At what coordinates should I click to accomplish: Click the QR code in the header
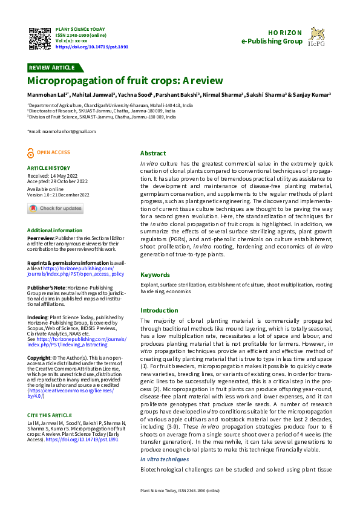tap(39, 38)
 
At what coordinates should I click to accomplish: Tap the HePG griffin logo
tap(317, 36)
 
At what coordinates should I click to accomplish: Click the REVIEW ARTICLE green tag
tap(51, 68)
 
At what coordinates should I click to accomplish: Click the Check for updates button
tap(55, 209)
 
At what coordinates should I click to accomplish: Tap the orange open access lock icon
tap(31, 153)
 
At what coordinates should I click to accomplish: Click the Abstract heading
tap(152, 154)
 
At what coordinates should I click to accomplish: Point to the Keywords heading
tap(155, 274)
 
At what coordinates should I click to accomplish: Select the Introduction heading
tap(159, 310)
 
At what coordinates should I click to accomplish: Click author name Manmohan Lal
tap(47, 95)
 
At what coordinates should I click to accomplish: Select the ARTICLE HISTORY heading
tap(48, 168)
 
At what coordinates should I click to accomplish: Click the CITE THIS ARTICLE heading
tap(49, 398)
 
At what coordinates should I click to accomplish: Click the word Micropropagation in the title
tap(67, 80)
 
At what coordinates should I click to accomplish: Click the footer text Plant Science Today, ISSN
tap(180, 490)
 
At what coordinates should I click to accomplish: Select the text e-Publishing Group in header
tap(272, 41)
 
